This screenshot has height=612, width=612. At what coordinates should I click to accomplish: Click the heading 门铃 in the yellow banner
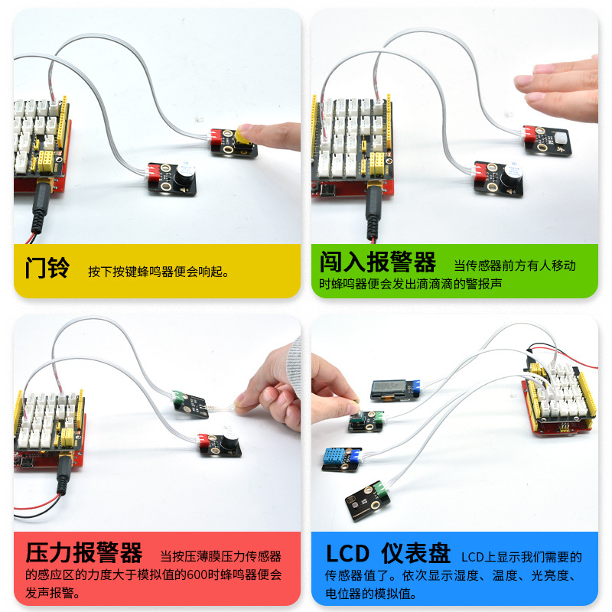click(47, 269)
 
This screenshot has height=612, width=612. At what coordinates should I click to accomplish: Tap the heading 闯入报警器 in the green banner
click(377, 262)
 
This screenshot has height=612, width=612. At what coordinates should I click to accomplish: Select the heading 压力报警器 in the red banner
click(84, 552)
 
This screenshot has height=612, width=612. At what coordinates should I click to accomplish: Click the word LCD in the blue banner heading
click(347, 553)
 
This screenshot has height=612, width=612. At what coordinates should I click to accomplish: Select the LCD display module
click(395, 389)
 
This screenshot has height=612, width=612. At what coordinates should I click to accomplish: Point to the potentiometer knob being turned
click(356, 409)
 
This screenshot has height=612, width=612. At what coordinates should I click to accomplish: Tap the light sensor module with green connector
click(368, 501)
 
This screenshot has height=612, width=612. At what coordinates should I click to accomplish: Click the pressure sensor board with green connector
click(190, 404)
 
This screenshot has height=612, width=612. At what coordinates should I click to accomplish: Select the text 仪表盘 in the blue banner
click(415, 553)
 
